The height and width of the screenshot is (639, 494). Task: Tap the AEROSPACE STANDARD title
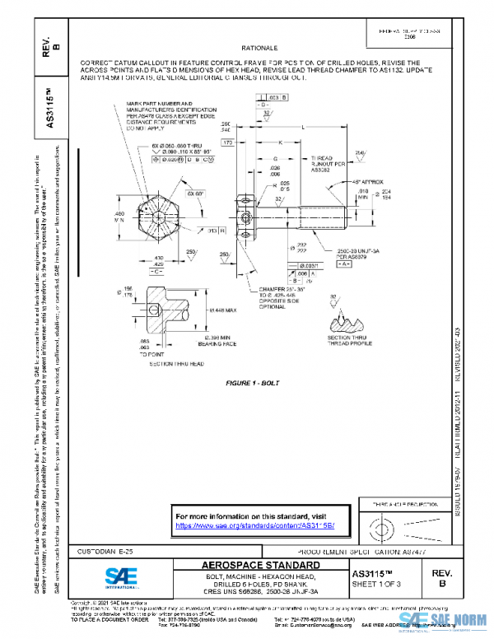[x=261, y=566]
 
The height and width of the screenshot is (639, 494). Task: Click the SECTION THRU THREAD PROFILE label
[x=347, y=341]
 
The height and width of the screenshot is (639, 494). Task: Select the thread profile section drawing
[x=347, y=317]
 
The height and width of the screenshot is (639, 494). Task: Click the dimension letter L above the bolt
[x=304, y=128]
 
